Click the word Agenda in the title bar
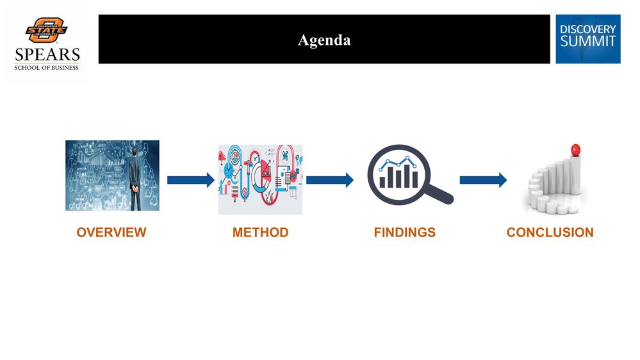click(x=324, y=40)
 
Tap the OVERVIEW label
click(x=111, y=233)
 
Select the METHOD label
click(x=260, y=233)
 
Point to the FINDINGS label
click(x=404, y=233)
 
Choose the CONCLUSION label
click(x=550, y=233)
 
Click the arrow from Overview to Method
click(x=190, y=180)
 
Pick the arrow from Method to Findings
click(x=329, y=180)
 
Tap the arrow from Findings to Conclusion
click(x=482, y=180)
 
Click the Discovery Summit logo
click(x=587, y=39)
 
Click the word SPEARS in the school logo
click(x=47, y=54)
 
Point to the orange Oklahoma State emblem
click(x=46, y=30)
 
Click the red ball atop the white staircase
click(x=575, y=149)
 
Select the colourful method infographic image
click(x=260, y=179)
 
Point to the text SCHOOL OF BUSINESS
click(x=47, y=67)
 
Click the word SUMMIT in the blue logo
click(x=587, y=42)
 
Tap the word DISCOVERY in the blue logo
click(x=587, y=29)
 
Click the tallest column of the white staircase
click(x=575, y=176)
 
